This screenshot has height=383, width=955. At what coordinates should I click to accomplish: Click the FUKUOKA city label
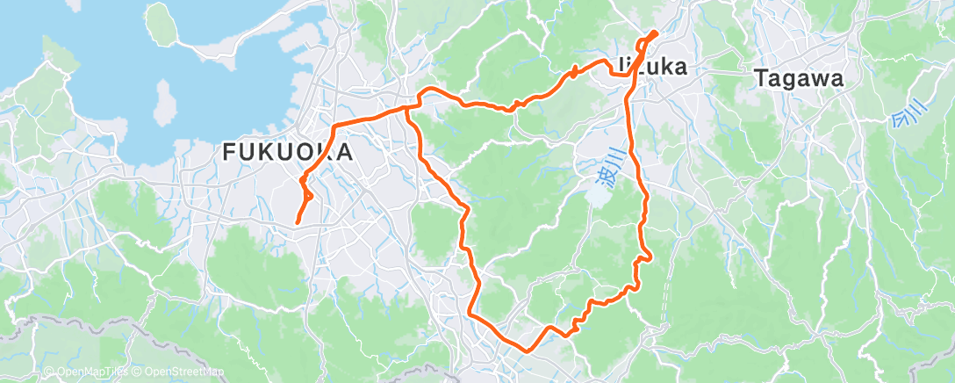pyautogui.click(x=288, y=152)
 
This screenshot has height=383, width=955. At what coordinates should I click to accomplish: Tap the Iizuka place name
pyautogui.click(x=650, y=67)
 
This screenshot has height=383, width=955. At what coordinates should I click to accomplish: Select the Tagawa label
pyautogui.click(x=799, y=78)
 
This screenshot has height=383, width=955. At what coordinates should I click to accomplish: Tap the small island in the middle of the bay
pyautogui.click(x=162, y=100)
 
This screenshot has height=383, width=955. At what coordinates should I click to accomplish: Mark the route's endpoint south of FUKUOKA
pyautogui.click(x=297, y=223)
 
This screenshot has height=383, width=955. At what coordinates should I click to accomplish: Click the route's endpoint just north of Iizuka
pyautogui.click(x=655, y=33)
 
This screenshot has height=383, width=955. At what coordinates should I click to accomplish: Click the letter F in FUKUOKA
pyautogui.click(x=230, y=152)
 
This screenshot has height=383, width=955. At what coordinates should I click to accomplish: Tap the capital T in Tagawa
pyautogui.click(x=760, y=78)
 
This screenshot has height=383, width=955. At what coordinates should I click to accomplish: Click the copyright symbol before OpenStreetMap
pyautogui.click(x=139, y=372)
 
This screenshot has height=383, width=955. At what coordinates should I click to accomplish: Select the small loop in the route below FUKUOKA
pyautogui.click(x=306, y=192)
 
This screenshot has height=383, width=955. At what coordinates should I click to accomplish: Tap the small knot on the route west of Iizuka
pyautogui.click(x=573, y=72)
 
